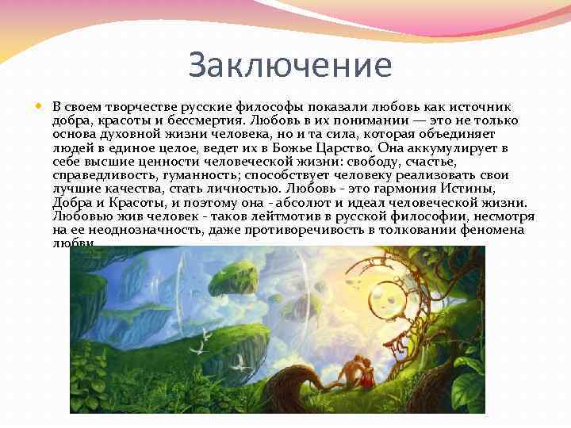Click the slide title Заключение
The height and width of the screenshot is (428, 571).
290,66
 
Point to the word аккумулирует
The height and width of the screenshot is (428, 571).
445,147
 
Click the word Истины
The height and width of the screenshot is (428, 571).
492,188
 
